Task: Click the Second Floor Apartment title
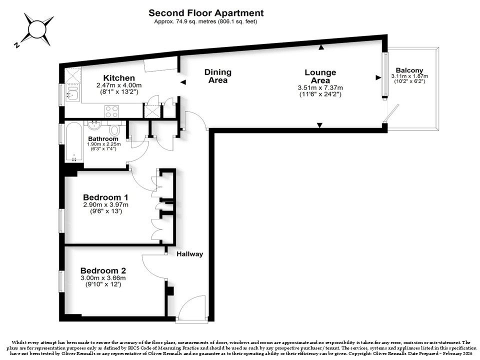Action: click(206, 13)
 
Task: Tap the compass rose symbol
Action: click(36, 29)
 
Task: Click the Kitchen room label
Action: click(119, 78)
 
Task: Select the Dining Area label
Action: click(218, 76)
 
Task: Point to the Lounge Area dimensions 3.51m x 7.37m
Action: click(320, 88)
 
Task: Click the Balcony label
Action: click(409, 70)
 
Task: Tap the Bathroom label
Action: click(103, 138)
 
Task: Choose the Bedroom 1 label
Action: click(105, 197)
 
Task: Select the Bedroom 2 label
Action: click(103, 270)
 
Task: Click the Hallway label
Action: click(190, 254)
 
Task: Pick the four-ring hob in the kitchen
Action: click(111, 111)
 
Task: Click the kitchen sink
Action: click(72, 93)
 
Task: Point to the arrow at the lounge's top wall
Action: click(321, 47)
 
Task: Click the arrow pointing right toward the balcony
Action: click(378, 78)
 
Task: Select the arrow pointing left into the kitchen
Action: click(183, 82)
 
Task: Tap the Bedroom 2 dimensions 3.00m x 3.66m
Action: click(103, 278)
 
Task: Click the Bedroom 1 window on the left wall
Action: click(61, 220)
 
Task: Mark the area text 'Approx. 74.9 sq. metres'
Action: click(185, 21)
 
